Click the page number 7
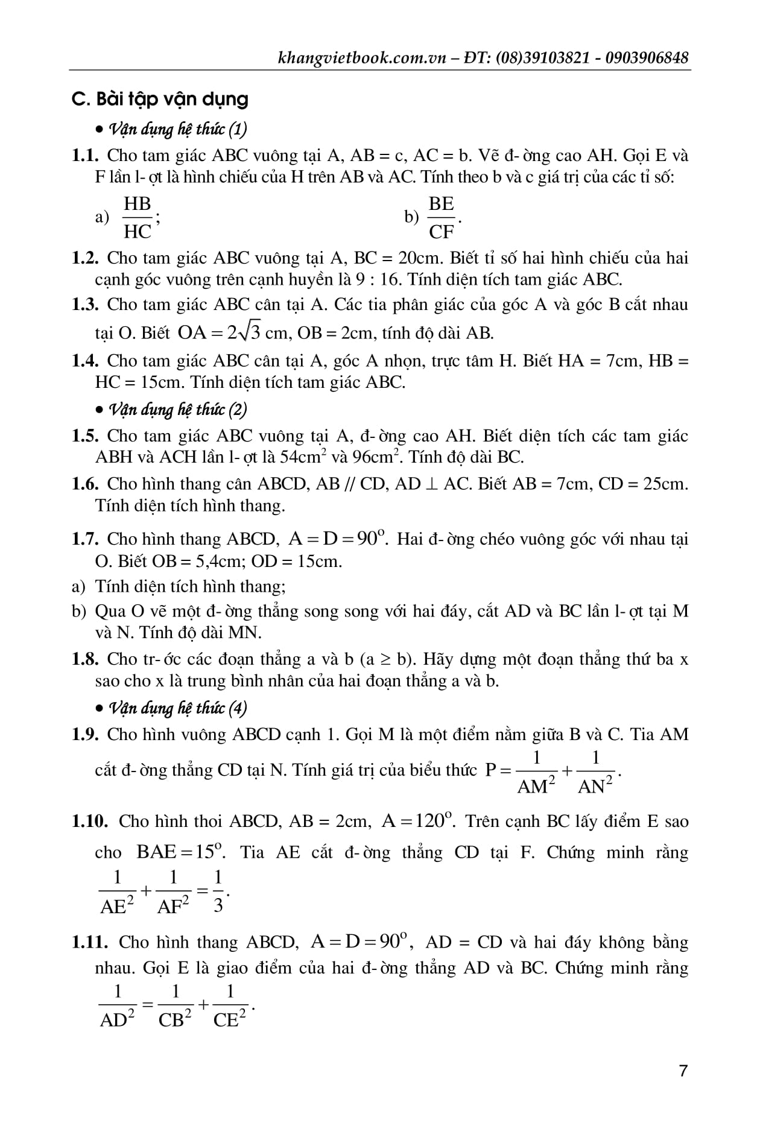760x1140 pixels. click(x=683, y=1071)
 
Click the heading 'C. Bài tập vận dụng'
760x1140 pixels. click(x=160, y=99)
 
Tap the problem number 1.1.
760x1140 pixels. click(x=85, y=156)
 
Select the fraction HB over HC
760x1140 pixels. click(x=137, y=218)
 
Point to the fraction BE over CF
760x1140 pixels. click(x=441, y=218)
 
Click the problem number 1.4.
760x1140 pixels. click(x=85, y=361)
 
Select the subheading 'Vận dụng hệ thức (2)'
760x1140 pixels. click(x=177, y=410)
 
